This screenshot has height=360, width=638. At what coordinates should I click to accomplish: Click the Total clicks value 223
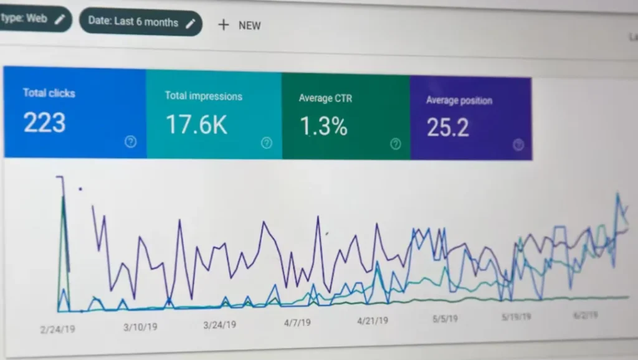click(44, 122)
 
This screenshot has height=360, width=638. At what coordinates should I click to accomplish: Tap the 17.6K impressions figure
click(196, 125)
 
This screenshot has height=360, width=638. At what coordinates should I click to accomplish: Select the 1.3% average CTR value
click(323, 126)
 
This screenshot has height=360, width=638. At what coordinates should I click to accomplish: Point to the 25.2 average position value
click(448, 128)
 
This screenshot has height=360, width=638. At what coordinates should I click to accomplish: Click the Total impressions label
click(203, 96)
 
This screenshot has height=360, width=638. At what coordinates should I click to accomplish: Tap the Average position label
click(459, 100)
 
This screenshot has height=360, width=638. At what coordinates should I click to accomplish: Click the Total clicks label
click(49, 93)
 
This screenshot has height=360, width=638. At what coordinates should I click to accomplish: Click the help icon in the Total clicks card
click(130, 141)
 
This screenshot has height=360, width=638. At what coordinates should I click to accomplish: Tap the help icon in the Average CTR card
click(396, 144)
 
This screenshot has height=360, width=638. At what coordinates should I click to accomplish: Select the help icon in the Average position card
click(518, 145)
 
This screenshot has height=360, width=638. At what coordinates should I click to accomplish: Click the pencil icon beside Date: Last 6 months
click(191, 22)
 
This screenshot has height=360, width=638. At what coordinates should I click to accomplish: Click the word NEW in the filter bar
click(249, 26)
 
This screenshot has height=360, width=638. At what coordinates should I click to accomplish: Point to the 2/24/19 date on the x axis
click(57, 328)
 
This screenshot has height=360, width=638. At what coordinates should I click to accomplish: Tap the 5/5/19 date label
click(445, 318)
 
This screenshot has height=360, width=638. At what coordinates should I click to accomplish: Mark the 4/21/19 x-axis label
click(373, 321)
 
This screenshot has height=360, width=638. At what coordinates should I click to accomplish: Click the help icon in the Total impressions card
click(267, 143)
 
